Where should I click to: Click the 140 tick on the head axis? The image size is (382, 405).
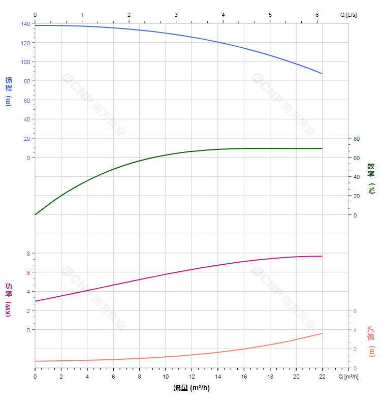pyautogui.click(x=26, y=24)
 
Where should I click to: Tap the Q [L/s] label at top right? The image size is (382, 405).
pyautogui.click(x=348, y=15)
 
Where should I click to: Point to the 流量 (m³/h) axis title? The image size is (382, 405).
pyautogui.click(x=192, y=388)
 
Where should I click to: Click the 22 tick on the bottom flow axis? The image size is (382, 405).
pyautogui.click(x=322, y=377)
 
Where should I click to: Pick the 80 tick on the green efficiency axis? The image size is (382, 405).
pyautogui.click(x=356, y=139)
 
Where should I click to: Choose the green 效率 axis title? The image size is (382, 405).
pyautogui.click(x=371, y=177)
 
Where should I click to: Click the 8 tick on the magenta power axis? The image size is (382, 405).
pyautogui.click(x=28, y=253)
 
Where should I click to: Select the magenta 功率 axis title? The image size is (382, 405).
pyautogui.click(x=9, y=299)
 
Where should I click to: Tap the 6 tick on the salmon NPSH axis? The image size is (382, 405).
pyautogui.click(x=355, y=311)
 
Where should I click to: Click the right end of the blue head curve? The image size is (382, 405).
pyautogui.click(x=322, y=74)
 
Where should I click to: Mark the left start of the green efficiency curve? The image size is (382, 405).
pyautogui.click(x=35, y=214)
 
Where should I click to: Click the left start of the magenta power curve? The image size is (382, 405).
pyautogui.click(x=35, y=301)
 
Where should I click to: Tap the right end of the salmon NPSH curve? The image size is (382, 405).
pyautogui.click(x=322, y=333)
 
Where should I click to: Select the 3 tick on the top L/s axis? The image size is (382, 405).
pyautogui.click(x=176, y=15)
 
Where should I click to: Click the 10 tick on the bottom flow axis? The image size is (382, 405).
pyautogui.click(x=166, y=377)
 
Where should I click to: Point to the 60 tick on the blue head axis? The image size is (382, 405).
pyautogui.click(x=27, y=100)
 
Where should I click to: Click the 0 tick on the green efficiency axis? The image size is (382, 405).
pyautogui.click(x=355, y=215)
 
